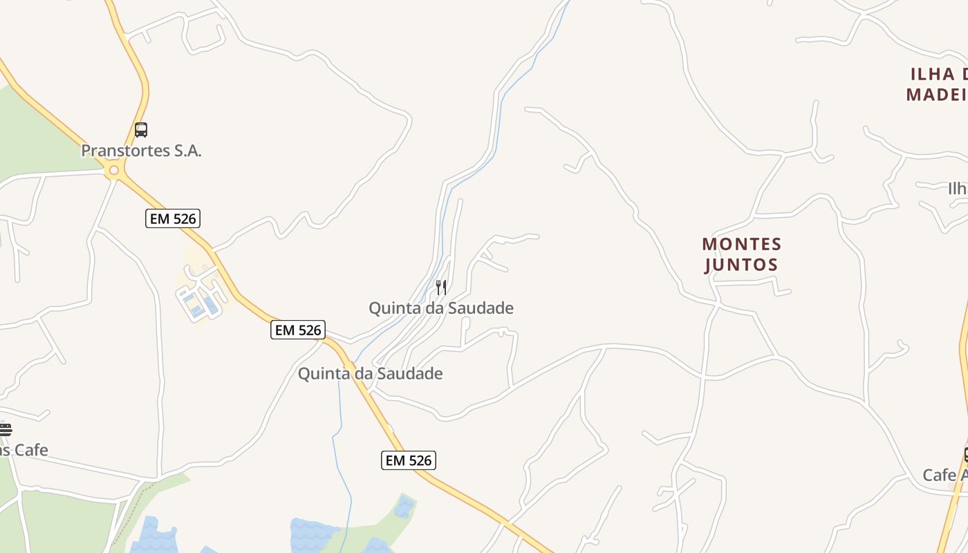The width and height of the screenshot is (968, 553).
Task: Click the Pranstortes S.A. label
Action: point(141,151)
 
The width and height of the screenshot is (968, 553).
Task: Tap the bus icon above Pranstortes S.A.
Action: point(141,130)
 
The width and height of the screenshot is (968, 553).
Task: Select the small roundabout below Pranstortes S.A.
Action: point(113,170)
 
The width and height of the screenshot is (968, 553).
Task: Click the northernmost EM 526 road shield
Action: point(173,219)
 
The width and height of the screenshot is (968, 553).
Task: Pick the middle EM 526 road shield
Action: point(298,330)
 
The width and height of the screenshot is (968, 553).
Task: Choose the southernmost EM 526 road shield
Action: point(409,460)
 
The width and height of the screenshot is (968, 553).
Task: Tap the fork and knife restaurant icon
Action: point(441,287)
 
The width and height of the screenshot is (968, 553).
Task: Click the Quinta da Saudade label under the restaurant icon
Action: point(441,308)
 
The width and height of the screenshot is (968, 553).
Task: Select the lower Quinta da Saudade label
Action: point(370,374)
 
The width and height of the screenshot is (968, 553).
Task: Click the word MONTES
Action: point(741,244)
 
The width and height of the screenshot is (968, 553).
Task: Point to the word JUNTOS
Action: point(741,265)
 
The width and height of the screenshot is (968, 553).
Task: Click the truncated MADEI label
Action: point(936,95)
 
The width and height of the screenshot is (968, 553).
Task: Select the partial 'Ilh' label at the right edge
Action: point(957,189)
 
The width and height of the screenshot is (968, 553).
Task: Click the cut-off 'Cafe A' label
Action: point(944,476)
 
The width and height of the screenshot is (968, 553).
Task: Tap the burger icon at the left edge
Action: point(5,429)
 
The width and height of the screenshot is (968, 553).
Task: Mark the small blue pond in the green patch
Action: point(404,507)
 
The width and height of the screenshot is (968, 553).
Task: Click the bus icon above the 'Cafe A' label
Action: point(965,454)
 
